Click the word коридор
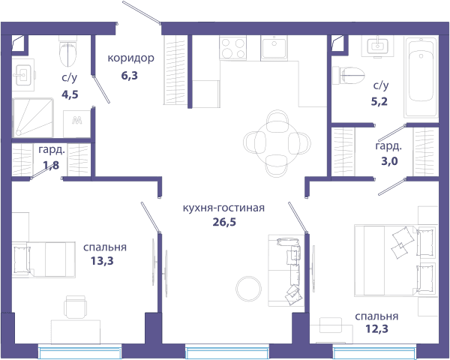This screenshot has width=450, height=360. point(130,58)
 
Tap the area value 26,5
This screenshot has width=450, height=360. point(224,222)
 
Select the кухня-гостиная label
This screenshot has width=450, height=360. point(223,208)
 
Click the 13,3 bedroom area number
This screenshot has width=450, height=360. point(102,261)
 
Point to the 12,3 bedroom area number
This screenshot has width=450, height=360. point(376,328)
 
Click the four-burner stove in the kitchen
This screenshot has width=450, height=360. point(232,48)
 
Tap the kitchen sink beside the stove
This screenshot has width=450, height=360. point(274,48)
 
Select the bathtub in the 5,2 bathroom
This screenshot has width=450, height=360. point(421,76)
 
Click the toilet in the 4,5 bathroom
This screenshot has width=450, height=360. point(68,51)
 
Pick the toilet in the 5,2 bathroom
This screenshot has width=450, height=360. point(349,75)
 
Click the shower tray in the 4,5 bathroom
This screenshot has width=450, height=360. point(33,118)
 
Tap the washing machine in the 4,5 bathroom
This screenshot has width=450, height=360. point(77,124)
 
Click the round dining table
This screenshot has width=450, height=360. point(277,143)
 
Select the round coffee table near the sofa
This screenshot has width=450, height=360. point(248,289)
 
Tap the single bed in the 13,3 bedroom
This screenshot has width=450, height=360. point(43,259)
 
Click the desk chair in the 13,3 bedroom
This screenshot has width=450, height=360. point(76,307)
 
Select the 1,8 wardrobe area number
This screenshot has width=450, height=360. point(51,165)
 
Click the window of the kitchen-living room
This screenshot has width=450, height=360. point(227,352)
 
